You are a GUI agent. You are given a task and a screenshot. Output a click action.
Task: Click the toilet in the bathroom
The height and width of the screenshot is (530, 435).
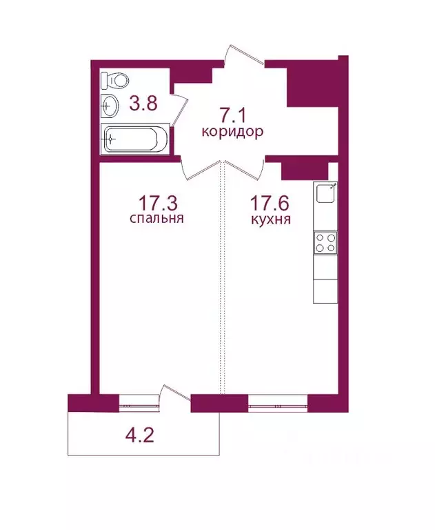click(109, 80)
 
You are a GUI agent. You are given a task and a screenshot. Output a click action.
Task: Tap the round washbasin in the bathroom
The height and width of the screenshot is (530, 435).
click(110, 106)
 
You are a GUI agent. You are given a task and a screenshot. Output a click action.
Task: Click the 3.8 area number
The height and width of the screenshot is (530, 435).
click(143, 104)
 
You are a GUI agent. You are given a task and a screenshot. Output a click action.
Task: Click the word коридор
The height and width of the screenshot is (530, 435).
click(232, 132)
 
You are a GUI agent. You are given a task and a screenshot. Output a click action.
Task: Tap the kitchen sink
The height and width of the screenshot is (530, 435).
click(325, 194)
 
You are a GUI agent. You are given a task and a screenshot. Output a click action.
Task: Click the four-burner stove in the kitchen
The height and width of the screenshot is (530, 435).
click(325, 242)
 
